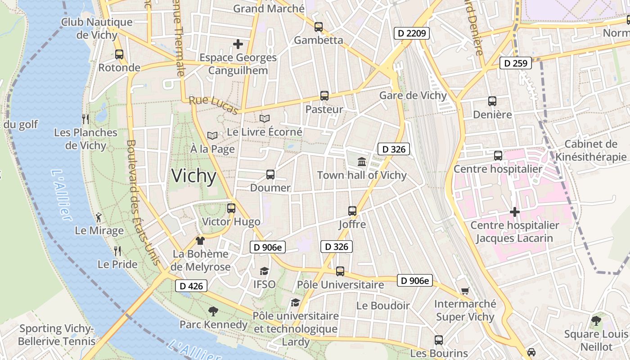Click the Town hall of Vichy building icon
(362, 162)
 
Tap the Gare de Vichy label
(413, 95)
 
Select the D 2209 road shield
(412, 33)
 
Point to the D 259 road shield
(516, 63)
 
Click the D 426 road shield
(191, 286)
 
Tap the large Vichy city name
(194, 176)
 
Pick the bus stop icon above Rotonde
(119, 54)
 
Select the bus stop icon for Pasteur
(324, 96)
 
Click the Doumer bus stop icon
(270, 175)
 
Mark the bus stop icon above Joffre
(352, 211)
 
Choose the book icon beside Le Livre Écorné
(265, 119)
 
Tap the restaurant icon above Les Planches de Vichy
(85, 119)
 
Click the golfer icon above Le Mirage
(99, 218)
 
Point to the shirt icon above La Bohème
(200, 241)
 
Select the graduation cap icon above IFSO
(264, 271)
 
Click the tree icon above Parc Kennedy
(213, 311)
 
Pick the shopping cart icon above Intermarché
(465, 291)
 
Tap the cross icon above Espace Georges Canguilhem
(238, 44)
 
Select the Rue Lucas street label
(213, 105)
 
